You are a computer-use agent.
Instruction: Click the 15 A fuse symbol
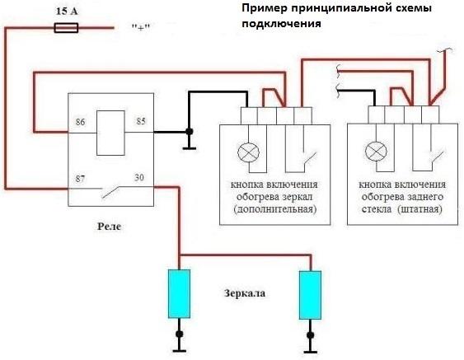point(65,27)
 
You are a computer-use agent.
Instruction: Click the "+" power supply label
point(140,28)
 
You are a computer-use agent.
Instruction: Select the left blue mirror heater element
point(179,293)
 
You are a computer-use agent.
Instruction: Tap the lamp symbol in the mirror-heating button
point(248,152)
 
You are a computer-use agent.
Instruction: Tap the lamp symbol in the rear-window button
point(377,152)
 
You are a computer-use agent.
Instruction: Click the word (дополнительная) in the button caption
point(273,210)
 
